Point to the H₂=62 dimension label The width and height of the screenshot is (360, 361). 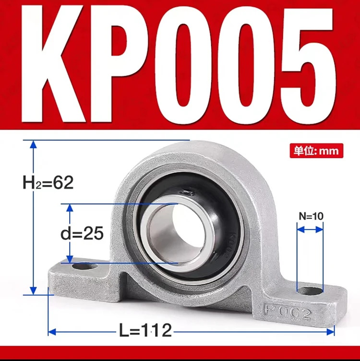pos(48,182)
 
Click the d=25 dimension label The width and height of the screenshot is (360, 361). pos(82,233)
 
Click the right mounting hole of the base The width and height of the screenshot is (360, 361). pos(310,290)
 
